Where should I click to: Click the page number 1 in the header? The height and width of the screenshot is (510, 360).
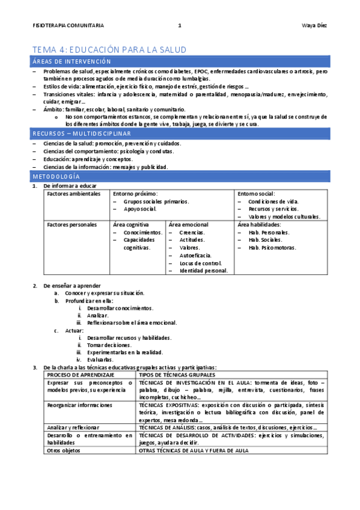pos(179,25)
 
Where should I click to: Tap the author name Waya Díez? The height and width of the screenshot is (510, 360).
pos(314,25)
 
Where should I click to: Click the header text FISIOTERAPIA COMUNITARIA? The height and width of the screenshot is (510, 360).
pos(68,25)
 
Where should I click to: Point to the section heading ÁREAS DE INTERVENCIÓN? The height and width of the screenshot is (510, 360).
pos(72,62)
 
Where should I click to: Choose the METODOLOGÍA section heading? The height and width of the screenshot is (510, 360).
pos(56,177)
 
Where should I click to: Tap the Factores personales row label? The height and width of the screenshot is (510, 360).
pos(72,225)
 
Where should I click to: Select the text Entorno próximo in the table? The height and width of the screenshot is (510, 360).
pos(135,194)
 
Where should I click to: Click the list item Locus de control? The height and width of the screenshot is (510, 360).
pos(200,263)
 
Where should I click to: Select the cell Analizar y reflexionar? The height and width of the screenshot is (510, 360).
pos(74,426)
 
